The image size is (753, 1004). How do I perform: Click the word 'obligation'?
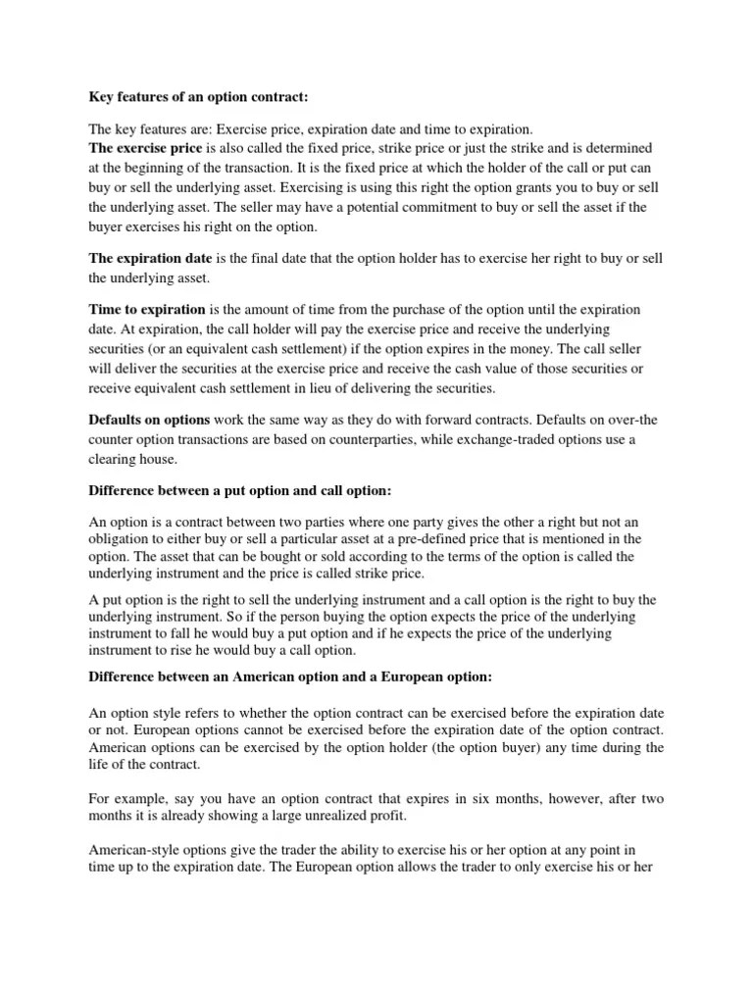(122, 538)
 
